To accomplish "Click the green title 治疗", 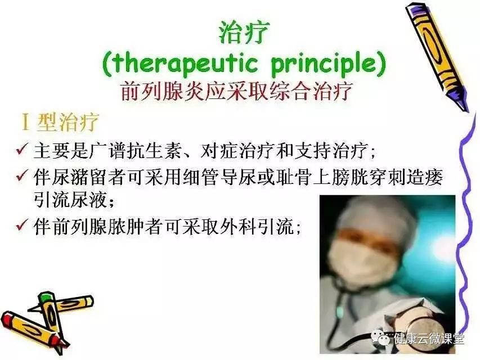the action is (x=243, y=33).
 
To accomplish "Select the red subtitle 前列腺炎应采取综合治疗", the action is (x=236, y=91).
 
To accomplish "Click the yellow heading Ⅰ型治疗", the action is (x=60, y=122).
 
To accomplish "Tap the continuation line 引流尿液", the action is (x=71, y=200).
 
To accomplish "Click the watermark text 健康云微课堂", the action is (x=429, y=339).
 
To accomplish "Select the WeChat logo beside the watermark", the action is (x=380, y=337).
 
